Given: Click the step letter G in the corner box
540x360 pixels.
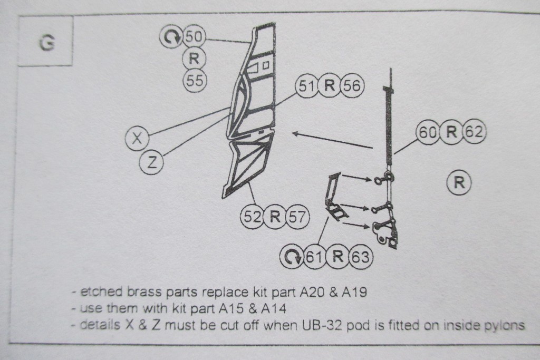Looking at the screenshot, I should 46,43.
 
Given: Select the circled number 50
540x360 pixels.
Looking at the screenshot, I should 194,37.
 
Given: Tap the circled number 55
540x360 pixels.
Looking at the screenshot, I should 194,80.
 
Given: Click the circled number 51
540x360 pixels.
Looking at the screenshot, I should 307,87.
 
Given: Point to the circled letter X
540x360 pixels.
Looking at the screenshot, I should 137,139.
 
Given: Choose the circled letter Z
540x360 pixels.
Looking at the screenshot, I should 151,162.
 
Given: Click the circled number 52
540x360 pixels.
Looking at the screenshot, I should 252,217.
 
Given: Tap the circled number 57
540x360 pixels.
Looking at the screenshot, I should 297,217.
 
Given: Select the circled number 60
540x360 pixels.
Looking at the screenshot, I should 428,132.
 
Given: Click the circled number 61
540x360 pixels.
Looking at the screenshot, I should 314,257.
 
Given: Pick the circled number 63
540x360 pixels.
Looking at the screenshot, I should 361,257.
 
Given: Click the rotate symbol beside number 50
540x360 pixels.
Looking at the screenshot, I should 171,37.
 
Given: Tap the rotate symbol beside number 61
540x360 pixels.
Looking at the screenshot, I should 292,257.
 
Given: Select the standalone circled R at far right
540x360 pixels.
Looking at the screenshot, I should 458,183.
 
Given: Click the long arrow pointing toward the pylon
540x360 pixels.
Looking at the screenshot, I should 332,140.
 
